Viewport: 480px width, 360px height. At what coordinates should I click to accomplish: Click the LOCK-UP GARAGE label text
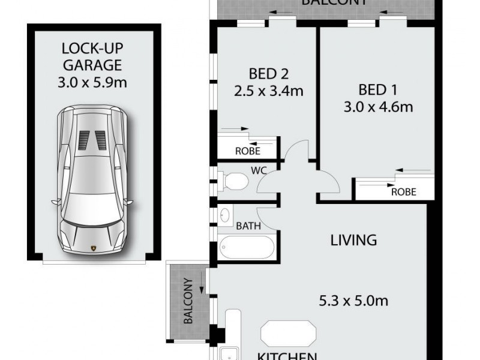click(92, 56)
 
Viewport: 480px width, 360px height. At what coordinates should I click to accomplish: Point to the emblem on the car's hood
click(93, 248)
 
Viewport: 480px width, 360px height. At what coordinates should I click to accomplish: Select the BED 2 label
click(268, 74)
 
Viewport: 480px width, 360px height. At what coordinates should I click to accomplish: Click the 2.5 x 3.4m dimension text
click(268, 92)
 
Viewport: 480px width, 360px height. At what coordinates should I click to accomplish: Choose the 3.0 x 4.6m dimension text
click(378, 108)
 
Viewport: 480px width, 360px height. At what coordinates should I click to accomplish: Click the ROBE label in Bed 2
click(247, 151)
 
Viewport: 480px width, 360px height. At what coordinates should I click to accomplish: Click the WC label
click(259, 171)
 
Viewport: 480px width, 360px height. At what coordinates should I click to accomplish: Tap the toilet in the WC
click(234, 180)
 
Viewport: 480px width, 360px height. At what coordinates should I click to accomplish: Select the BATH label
click(247, 226)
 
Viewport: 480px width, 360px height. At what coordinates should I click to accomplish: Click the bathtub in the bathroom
click(246, 247)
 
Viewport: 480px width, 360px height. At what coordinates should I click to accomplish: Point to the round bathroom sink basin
click(226, 215)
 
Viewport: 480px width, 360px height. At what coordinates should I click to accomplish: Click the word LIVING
click(354, 241)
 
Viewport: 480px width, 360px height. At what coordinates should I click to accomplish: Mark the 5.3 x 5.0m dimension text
click(353, 301)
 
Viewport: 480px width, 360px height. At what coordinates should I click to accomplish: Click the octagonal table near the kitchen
click(288, 334)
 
